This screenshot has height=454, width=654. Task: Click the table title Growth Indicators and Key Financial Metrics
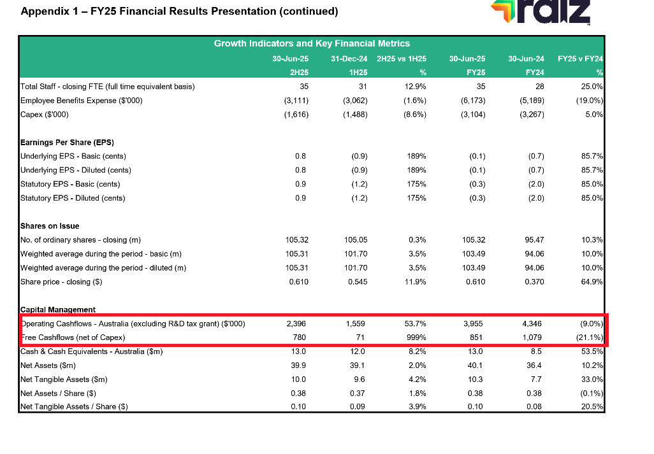point(312,43)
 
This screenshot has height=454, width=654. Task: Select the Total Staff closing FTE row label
point(108,86)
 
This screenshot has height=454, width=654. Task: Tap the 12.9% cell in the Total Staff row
point(415,86)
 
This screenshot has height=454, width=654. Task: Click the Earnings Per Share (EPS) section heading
point(62,142)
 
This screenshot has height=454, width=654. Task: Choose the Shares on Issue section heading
point(50,226)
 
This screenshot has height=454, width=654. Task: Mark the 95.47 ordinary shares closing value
point(534,240)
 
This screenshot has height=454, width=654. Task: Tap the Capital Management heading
point(58,309)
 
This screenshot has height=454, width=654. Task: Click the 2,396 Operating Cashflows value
point(297,323)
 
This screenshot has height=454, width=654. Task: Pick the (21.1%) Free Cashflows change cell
point(589,337)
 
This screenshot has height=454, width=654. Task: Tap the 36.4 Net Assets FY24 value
point(535,365)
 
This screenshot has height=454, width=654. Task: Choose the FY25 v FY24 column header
point(579,59)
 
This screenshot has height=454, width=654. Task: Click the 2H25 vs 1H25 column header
point(402,59)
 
